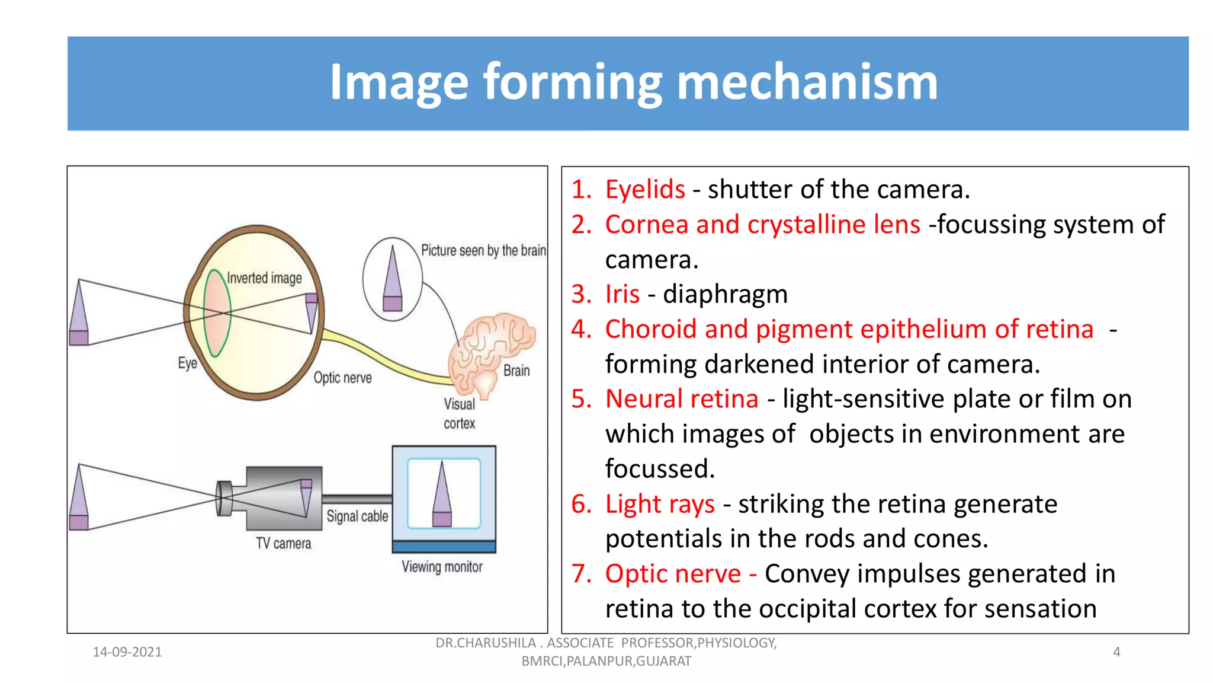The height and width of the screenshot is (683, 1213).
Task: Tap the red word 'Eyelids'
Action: click(644, 190)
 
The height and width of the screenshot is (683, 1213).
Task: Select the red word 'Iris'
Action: click(622, 294)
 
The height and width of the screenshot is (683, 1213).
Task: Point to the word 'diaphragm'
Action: click(725, 294)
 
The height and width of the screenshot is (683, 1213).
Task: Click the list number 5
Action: click(581, 399)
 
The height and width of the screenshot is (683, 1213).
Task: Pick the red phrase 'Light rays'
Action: click(660, 504)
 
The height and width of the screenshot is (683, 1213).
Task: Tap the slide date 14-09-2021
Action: click(127, 652)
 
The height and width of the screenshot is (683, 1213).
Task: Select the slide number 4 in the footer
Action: click(1116, 652)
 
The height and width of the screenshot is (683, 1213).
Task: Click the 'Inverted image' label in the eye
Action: click(264, 278)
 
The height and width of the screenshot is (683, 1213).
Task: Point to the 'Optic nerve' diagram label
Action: click(342, 378)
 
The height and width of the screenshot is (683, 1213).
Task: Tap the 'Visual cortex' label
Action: click(460, 413)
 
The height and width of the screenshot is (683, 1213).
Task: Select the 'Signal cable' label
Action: click(357, 516)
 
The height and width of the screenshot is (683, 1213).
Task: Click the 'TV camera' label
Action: click(283, 543)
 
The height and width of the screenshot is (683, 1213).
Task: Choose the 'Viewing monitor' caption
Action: click(442, 567)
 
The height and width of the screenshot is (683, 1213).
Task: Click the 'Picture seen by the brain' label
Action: click(483, 250)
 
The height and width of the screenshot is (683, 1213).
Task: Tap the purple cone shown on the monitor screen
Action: click(442, 495)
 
